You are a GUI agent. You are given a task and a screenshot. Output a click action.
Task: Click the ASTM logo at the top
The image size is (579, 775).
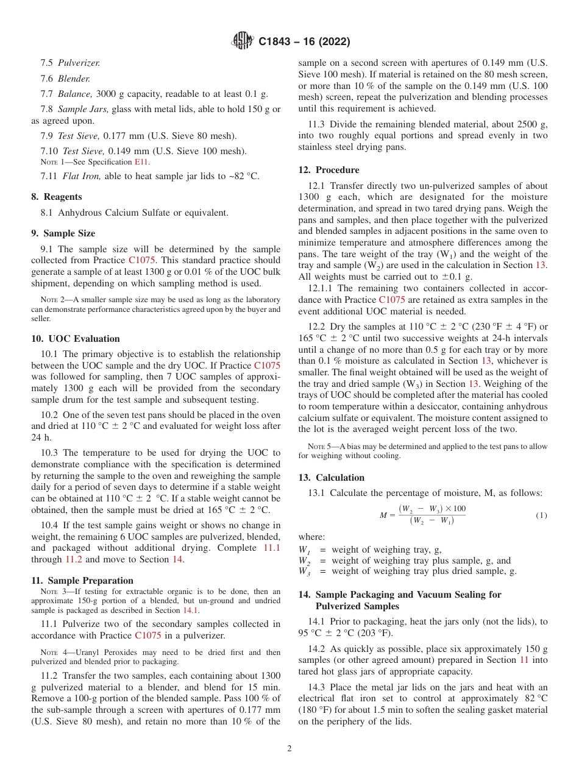coord(243,41)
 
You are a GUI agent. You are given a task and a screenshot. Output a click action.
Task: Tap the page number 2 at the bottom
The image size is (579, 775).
coord(289,748)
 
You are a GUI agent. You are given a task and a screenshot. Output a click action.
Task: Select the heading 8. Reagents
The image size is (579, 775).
coord(56,197)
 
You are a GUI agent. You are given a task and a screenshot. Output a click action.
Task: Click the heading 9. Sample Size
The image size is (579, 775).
coord(63,233)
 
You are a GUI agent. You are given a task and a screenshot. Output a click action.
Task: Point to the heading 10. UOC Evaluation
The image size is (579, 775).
coord(76,339)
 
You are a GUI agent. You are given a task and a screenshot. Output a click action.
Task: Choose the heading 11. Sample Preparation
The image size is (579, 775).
coord(82,581)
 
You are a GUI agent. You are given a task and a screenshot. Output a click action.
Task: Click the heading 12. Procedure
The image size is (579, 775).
coord(329,170)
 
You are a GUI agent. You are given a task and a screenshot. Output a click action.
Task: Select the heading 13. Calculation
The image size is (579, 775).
coord(332,478)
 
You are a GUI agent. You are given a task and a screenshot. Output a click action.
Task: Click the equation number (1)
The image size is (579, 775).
coord(541,515)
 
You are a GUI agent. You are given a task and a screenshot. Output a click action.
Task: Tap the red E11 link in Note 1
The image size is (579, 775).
coord(141,162)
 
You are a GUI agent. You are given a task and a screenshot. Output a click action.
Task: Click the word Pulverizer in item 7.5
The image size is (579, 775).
coord(79,63)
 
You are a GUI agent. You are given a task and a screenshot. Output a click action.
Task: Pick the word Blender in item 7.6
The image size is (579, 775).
coord(74,79)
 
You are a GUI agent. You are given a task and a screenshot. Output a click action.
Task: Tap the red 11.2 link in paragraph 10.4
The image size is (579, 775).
coord(75,559)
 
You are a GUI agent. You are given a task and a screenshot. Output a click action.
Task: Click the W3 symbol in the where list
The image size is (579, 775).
coord(304,572)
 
